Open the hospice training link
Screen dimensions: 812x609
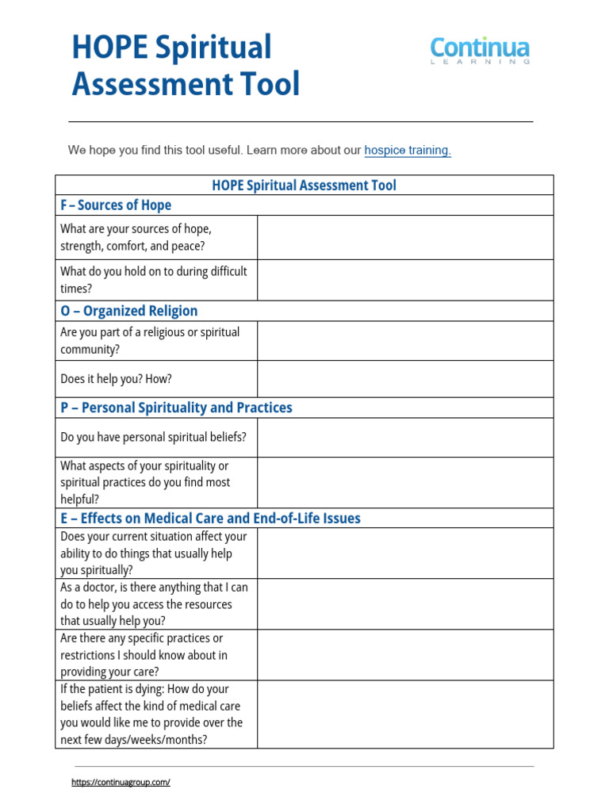tap(408, 150)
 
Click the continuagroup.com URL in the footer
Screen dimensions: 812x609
tap(121, 782)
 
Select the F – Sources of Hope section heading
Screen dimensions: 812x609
tap(116, 205)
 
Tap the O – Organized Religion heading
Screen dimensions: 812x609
tap(129, 311)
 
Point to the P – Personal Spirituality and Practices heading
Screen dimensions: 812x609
tap(176, 408)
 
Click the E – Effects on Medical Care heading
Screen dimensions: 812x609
tap(210, 519)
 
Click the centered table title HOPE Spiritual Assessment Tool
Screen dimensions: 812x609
tap(304, 186)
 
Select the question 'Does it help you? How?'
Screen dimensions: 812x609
tap(116, 379)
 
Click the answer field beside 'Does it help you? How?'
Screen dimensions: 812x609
tap(404, 379)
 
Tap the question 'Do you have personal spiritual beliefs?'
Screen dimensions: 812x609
tap(153, 437)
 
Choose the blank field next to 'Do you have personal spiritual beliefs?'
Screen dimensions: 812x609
tap(404, 437)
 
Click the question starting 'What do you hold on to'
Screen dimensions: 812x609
tap(153, 280)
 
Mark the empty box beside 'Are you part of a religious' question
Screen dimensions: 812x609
tap(404, 341)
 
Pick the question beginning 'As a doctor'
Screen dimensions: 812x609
tap(153, 604)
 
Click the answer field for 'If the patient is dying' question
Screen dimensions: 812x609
tap(404, 714)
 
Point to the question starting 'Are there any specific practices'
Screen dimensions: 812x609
tap(144, 655)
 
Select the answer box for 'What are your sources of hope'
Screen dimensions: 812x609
tap(404, 237)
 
